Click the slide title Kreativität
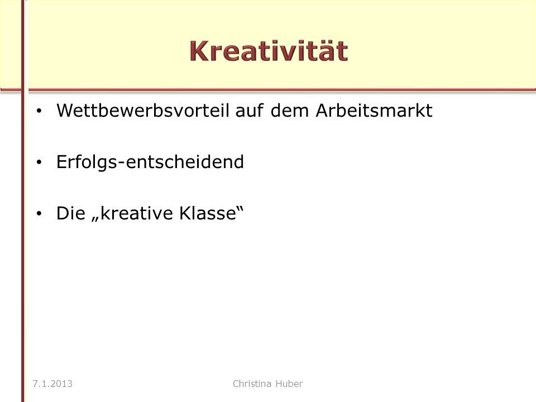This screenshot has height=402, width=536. pos(269,51)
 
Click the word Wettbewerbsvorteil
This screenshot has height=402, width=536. pos(142,111)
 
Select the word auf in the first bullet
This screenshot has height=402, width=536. pos(249,111)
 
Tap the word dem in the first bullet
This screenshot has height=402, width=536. pos(290,111)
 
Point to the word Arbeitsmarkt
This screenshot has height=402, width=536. pos(374,111)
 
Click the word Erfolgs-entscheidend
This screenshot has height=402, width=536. pos(150,162)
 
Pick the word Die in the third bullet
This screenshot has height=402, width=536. pos(71,213)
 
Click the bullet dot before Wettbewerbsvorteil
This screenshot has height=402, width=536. pos(39,111)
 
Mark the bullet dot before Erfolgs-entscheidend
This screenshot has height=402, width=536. pos(39,162)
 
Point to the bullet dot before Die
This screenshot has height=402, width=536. pos(39,214)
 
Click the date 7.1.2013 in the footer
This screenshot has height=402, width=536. pos(52,384)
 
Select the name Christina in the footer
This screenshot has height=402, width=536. pos(252,384)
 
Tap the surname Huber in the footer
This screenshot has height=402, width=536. pos(289,384)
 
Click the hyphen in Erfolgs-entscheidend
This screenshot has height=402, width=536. pos(121,164)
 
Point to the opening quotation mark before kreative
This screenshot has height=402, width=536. pos(95,219)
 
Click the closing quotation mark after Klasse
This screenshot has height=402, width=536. pos(240,208)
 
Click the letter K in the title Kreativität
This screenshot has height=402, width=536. pos(199,51)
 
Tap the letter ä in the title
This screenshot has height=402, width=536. pos(323,51)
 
